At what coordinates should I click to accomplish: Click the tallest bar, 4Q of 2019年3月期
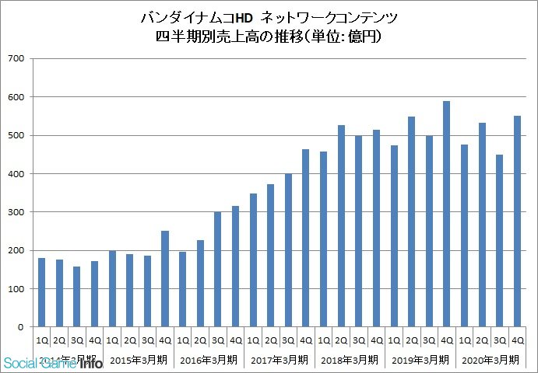447,214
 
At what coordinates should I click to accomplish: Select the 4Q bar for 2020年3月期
517,221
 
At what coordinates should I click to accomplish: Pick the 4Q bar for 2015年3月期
165,279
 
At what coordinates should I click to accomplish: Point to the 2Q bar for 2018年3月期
341,226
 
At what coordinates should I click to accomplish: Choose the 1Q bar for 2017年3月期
253,260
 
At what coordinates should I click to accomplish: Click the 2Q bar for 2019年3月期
411,221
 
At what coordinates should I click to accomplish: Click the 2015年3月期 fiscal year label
138,360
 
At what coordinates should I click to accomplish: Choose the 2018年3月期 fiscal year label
350,360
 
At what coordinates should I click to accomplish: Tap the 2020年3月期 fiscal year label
491,360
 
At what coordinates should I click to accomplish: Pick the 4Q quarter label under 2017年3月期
306,341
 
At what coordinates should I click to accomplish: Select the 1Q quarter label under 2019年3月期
394,341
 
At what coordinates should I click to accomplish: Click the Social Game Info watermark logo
55,361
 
